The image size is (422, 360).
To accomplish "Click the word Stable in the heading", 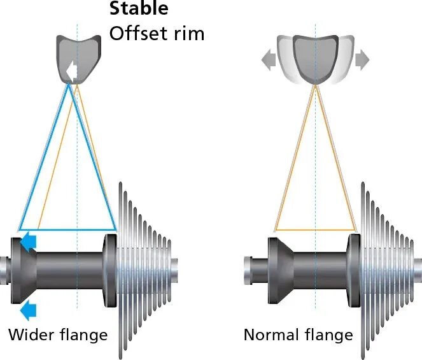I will point(139,9).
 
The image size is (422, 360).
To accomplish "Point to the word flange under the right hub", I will point(330,335).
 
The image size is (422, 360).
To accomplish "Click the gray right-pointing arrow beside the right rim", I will point(362,60).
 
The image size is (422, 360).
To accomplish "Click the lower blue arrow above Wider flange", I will point(29,310).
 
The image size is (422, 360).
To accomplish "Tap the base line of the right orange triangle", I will point(315,229).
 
